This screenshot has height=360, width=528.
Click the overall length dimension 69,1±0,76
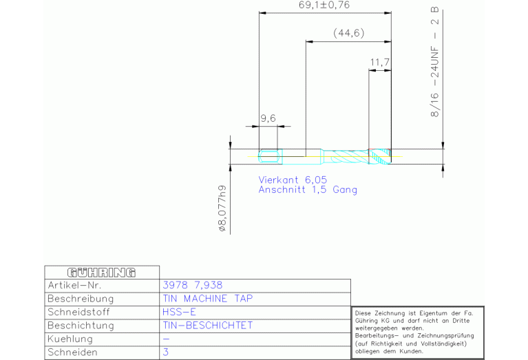pos(324,5)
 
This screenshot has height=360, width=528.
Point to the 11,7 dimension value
pos(380,63)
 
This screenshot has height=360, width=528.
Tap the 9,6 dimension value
pos(268,118)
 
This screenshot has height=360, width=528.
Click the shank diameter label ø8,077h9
pos(222,209)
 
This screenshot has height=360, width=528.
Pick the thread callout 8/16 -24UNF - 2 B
pos(435,62)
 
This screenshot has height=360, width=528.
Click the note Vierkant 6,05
pos(293,180)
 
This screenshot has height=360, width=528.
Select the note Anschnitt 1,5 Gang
pos(308,189)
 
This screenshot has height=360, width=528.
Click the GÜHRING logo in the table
pos(102,273)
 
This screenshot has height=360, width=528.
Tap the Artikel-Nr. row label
pos(74,286)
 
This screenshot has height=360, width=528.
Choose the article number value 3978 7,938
pos(193,285)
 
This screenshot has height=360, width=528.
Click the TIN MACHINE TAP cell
pos(208,299)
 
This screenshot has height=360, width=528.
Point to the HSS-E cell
pos(179,313)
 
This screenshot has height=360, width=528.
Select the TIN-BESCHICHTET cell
pos(208,326)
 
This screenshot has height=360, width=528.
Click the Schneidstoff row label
pos(78,313)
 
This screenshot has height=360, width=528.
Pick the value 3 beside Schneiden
pos(166,352)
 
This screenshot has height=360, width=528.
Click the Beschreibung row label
pos(81,299)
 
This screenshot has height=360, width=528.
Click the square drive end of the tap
pos(270,156)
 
